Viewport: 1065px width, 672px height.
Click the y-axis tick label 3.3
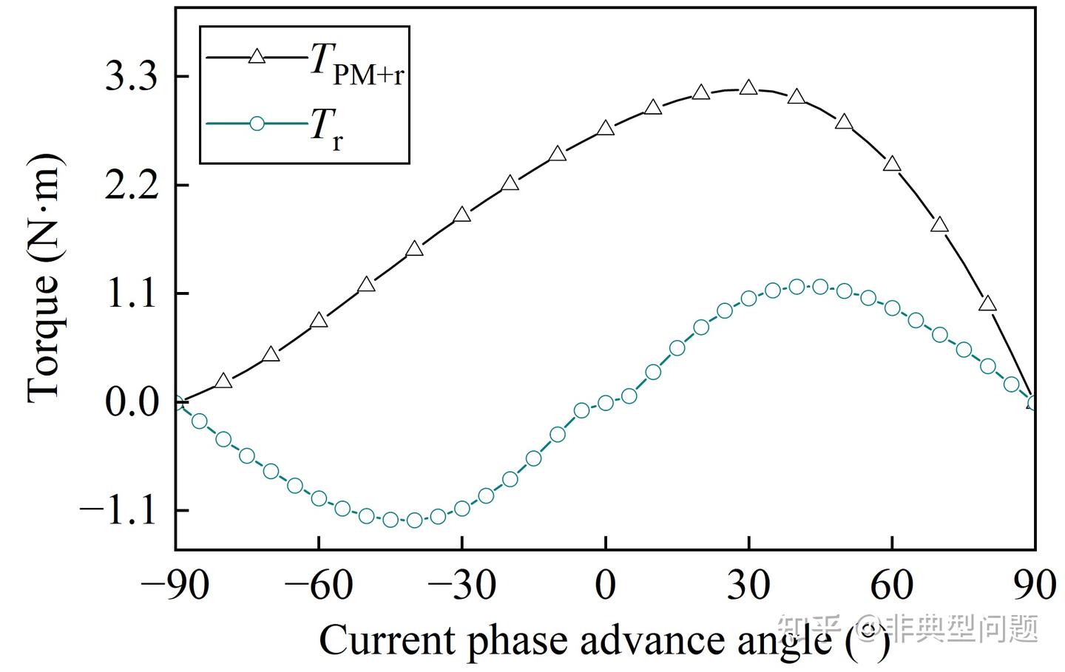click(132, 78)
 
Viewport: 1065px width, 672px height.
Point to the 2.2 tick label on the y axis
click(132, 186)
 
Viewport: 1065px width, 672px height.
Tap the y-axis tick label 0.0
click(132, 403)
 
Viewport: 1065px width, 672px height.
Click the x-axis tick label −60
click(318, 586)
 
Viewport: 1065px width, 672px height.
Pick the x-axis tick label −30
click(461, 586)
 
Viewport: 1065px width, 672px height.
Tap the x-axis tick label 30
click(748, 586)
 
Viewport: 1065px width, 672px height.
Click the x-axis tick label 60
click(892, 586)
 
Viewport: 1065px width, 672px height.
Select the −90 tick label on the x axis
click(175, 586)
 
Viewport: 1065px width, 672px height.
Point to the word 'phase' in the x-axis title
click(515, 640)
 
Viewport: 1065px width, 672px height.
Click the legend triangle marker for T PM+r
click(257, 57)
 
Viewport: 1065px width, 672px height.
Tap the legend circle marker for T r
click(257, 123)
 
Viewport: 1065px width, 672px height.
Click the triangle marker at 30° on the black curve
click(748, 88)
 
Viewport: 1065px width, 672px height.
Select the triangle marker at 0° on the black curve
click(606, 129)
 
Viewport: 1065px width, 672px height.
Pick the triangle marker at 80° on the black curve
click(987, 304)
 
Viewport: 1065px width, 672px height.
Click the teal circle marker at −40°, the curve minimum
click(414, 520)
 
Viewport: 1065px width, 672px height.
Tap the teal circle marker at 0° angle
click(606, 403)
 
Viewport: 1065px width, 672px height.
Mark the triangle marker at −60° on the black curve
click(319, 320)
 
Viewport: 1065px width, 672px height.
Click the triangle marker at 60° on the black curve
click(892, 164)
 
